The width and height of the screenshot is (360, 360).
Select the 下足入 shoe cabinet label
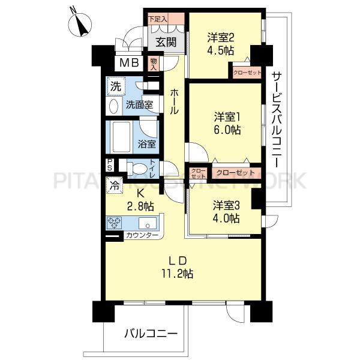[158, 19]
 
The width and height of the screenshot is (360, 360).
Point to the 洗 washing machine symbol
[115, 86]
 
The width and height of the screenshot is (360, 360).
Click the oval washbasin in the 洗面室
[113, 106]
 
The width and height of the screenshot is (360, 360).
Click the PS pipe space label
[110, 166]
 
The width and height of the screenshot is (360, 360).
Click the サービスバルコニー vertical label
[277, 119]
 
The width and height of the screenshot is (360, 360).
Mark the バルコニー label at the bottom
[151, 333]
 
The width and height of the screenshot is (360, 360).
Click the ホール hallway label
[174, 102]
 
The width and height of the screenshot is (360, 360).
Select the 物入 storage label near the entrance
[154, 63]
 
